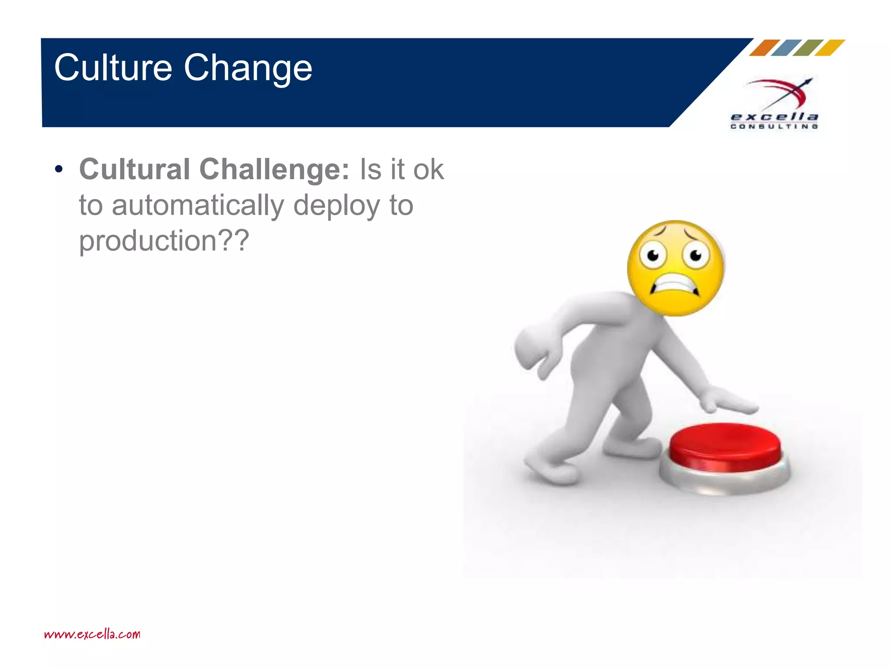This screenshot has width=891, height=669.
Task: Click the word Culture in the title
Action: point(113,68)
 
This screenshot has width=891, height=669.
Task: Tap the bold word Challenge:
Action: point(274,169)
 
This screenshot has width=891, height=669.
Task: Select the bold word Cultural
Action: point(135,169)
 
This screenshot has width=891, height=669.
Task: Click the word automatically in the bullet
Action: point(198,206)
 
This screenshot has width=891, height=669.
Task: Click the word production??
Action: point(164,240)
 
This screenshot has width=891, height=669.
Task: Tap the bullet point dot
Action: point(59,169)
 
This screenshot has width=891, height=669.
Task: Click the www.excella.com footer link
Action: point(92,634)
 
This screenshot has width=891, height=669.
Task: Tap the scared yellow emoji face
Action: point(675,268)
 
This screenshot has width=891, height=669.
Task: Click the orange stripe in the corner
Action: point(764,47)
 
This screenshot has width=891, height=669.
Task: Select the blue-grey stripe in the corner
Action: point(786,47)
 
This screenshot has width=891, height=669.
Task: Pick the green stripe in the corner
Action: point(808,47)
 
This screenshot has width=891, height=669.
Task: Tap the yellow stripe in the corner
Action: point(830,47)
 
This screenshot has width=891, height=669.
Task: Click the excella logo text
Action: point(774,117)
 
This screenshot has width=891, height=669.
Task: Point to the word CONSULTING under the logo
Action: point(774,127)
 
